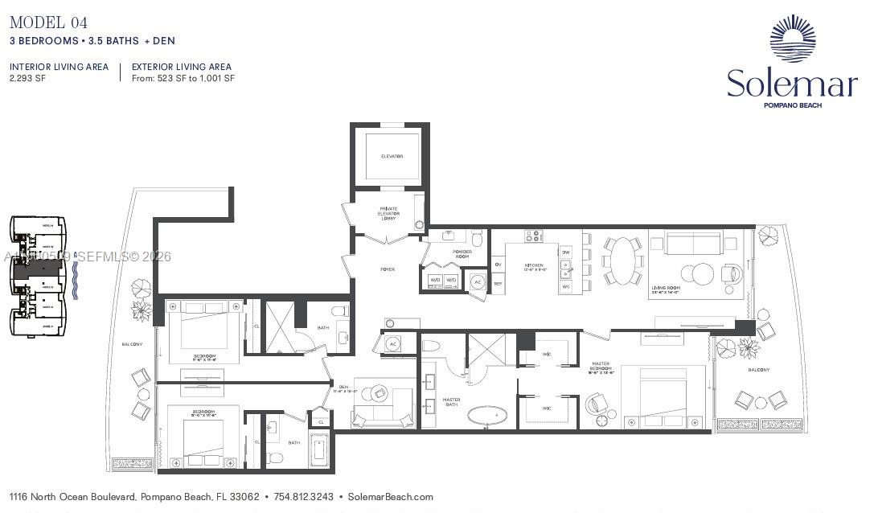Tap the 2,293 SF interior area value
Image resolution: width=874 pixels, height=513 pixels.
tap(27, 79)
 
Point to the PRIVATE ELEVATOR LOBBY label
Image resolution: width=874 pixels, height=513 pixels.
tap(389, 214)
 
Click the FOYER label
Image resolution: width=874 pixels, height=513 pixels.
tap(388, 269)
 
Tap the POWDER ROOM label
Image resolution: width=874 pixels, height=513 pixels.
tap(462, 254)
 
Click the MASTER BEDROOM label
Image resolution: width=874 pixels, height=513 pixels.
tap(601, 367)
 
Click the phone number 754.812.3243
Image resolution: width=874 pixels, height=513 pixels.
tap(304, 497)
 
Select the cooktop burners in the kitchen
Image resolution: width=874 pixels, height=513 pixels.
tap(534, 236)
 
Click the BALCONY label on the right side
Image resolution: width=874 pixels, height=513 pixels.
tap(758, 370)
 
